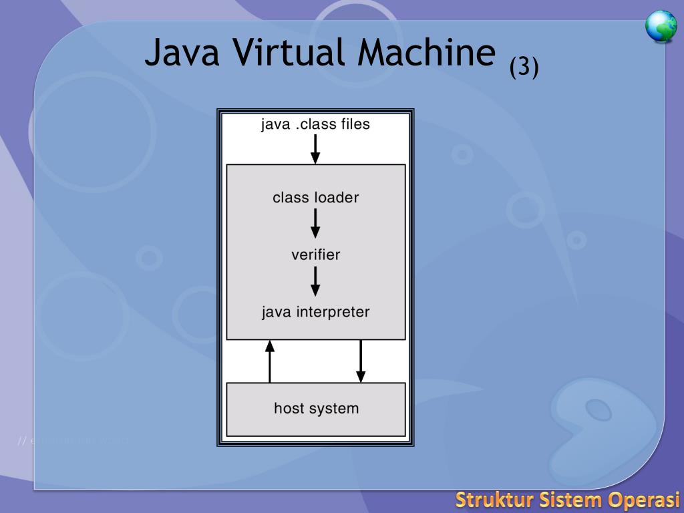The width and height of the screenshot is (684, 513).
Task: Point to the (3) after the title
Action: click(x=524, y=67)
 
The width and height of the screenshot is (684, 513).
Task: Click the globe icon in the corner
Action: click(x=661, y=27)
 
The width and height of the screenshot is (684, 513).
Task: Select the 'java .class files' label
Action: click(x=315, y=124)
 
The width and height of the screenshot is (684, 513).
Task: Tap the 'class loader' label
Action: click(x=315, y=198)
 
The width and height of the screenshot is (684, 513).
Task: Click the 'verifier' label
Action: click(x=315, y=254)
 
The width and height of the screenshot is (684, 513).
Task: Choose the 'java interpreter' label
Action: click(x=315, y=312)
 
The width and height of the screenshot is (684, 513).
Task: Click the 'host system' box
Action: click(x=316, y=409)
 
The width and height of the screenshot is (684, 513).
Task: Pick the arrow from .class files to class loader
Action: click(x=315, y=148)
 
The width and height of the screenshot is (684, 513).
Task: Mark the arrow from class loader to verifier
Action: click(x=315, y=223)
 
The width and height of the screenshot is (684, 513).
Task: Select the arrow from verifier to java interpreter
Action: click(x=315, y=281)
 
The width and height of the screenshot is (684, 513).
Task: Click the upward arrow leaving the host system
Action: click(x=270, y=361)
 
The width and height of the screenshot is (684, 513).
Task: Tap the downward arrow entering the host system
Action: click(x=361, y=361)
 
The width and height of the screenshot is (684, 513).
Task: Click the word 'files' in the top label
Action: click(x=353, y=124)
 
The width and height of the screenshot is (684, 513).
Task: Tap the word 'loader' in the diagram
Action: click(x=337, y=198)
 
